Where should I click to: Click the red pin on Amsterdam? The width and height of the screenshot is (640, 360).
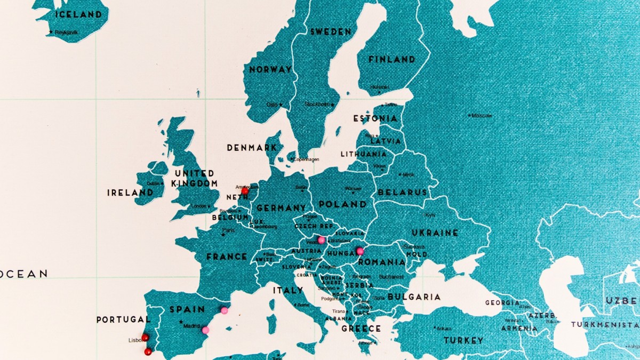click(245, 190)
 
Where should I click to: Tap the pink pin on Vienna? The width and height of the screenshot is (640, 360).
click(321, 240)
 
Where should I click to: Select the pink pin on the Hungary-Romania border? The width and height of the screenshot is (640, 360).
click(359, 251)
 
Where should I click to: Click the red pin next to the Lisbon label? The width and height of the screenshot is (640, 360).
click(145, 337)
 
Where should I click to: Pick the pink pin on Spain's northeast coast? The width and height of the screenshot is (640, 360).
click(224, 310)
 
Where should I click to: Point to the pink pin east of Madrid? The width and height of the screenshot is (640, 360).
click(205, 330)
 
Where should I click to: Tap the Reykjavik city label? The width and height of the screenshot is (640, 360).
click(66, 33)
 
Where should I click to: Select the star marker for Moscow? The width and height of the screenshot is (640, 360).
click(469, 115)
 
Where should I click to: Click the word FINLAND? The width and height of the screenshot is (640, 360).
click(391, 60)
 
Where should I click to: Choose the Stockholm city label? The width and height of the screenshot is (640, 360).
click(317, 105)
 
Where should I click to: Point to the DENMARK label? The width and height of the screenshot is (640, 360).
click(252, 148)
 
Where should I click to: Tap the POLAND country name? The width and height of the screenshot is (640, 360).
click(342, 204)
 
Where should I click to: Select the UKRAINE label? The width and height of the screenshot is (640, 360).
click(435, 233)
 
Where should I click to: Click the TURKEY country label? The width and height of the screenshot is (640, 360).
click(463, 340)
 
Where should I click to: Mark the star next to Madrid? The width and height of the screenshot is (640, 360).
click(181, 322)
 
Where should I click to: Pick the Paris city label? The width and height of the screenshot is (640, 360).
click(228, 230)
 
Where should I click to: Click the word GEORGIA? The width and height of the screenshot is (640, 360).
click(502, 303)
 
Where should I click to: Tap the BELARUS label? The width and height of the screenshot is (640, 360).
click(402, 192)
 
